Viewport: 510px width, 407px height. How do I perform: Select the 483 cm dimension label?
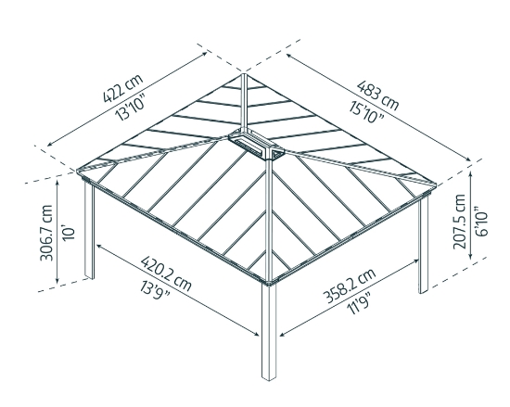coord(376,91)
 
